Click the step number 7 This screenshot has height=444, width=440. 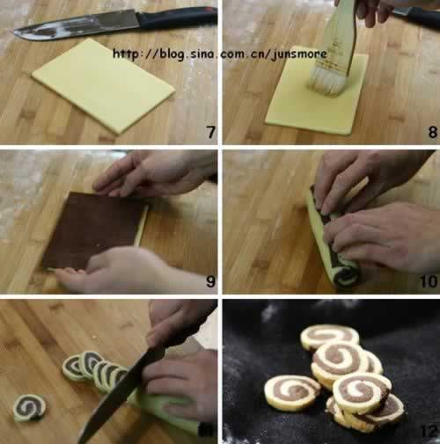click(x=211, y=132)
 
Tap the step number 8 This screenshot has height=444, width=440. click(x=432, y=132)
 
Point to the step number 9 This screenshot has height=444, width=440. click(x=210, y=281)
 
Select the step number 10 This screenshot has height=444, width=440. click(x=429, y=281)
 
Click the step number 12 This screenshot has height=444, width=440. click(x=429, y=431)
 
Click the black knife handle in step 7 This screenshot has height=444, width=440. click(x=178, y=17)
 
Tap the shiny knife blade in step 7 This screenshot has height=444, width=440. click(x=77, y=25)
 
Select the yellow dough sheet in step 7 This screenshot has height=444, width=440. click(x=103, y=85)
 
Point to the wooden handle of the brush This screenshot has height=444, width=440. click(x=341, y=38)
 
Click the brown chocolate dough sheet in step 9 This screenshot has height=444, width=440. click(x=93, y=229)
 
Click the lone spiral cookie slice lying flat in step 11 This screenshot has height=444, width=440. click(x=30, y=407)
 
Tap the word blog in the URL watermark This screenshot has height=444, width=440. click(x=172, y=55)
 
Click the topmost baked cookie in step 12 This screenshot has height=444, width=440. click(x=329, y=337)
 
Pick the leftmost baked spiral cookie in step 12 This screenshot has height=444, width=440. click(x=292, y=393)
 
